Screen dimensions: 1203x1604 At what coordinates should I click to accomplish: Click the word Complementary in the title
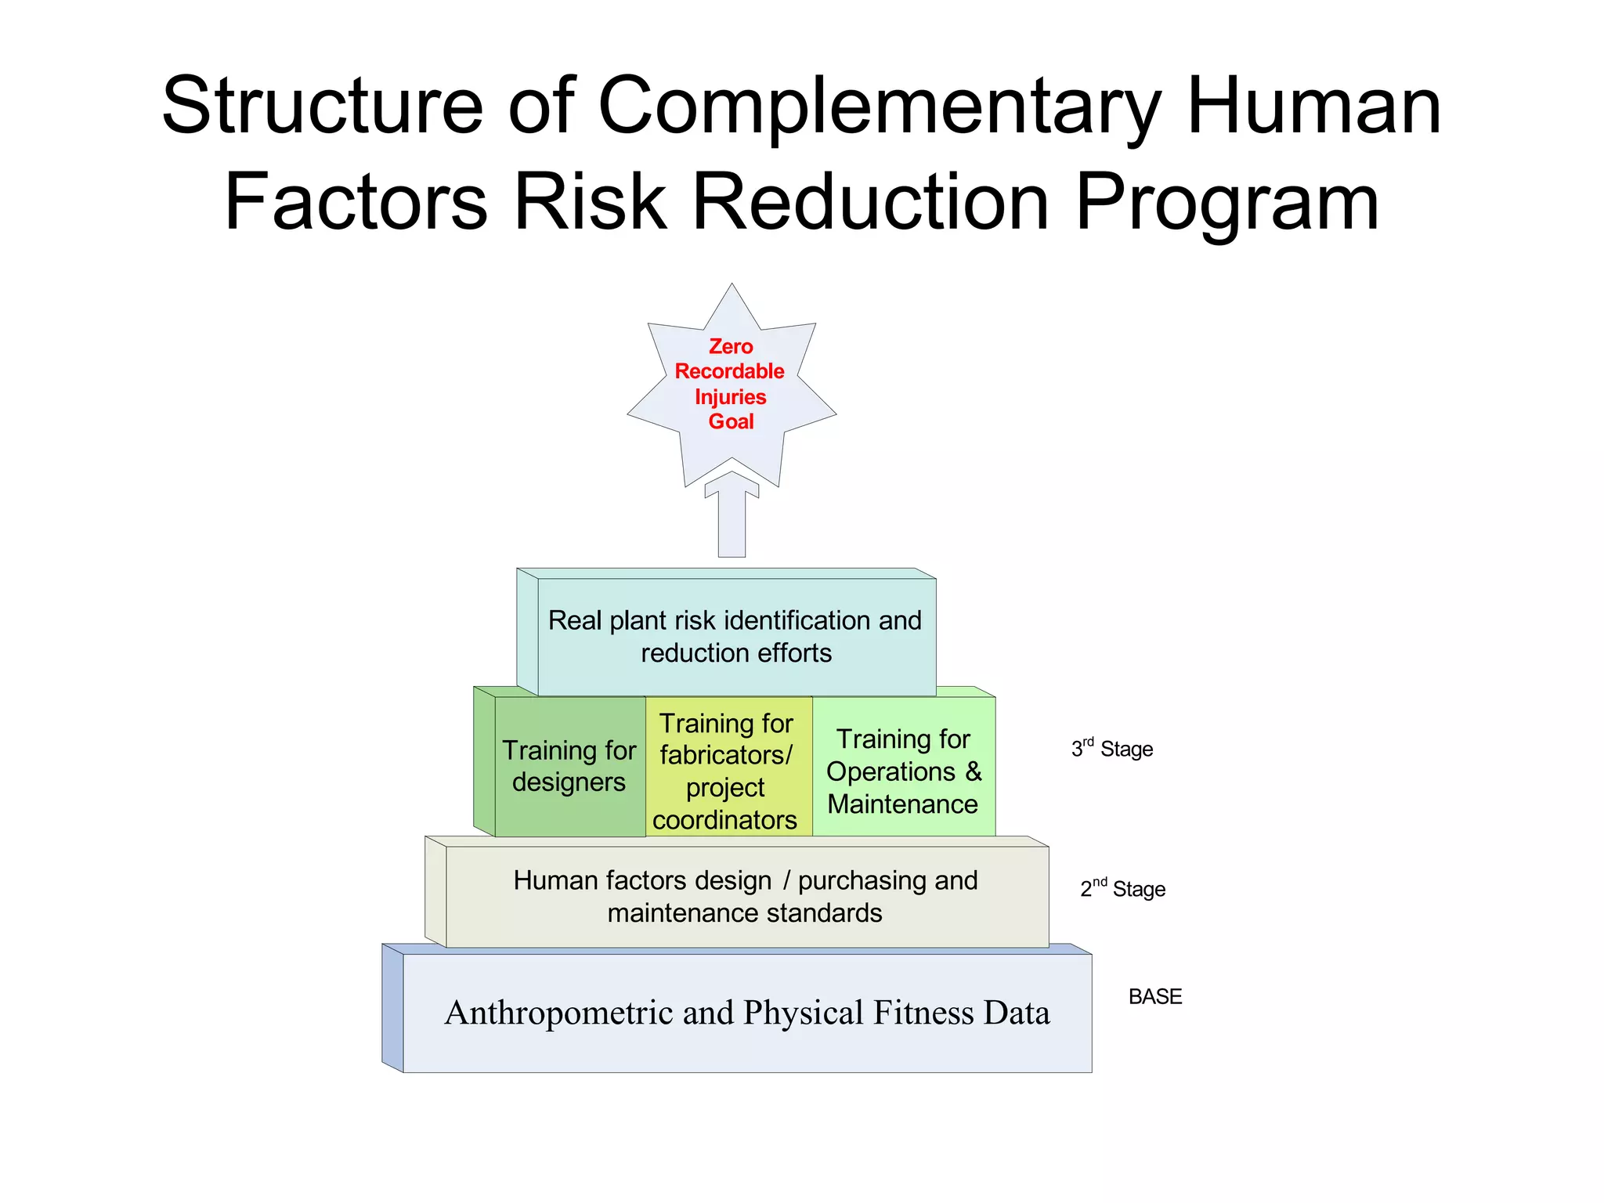[x=880, y=107]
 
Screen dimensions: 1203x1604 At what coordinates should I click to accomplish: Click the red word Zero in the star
[x=731, y=346]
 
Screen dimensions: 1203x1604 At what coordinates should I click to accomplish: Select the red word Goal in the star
[x=731, y=421]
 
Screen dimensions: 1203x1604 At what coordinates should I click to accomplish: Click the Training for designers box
[x=569, y=766]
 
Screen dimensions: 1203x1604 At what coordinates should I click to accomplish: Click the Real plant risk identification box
[x=735, y=636]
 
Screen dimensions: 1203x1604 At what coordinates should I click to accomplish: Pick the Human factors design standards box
[x=746, y=896]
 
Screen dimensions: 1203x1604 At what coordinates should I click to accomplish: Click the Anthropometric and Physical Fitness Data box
[x=746, y=1012]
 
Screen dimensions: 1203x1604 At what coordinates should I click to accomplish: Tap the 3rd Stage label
[x=1112, y=749]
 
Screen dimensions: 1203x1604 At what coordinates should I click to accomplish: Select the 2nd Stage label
[x=1122, y=888]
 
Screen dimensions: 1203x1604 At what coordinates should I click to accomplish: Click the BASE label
[x=1154, y=996]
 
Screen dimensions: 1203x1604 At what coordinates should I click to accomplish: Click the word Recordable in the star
[x=729, y=371]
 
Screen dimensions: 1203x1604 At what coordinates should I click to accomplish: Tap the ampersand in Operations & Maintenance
[x=973, y=771]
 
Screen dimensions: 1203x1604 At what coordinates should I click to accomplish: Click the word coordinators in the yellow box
[x=724, y=820]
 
